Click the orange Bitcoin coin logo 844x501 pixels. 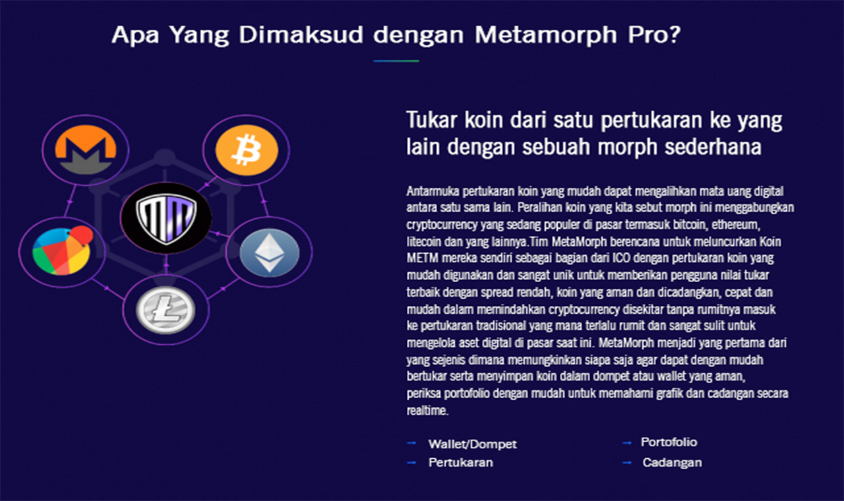247,150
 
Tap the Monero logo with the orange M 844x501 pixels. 86,150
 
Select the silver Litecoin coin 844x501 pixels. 166,310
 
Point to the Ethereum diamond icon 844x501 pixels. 270,252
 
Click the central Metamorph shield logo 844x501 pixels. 166,218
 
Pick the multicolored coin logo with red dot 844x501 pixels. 63,250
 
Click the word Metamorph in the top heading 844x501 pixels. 545,36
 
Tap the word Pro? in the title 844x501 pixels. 654,35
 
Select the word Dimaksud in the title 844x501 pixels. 301,35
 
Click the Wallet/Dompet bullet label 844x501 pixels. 473,444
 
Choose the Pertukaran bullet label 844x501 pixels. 460,463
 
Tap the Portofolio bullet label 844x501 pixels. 669,442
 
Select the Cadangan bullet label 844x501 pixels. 672,463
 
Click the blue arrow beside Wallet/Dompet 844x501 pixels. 411,443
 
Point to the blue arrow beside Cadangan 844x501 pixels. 627,463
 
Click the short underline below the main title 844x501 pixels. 396,61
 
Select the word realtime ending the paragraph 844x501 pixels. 427,411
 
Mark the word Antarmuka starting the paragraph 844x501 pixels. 433,191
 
